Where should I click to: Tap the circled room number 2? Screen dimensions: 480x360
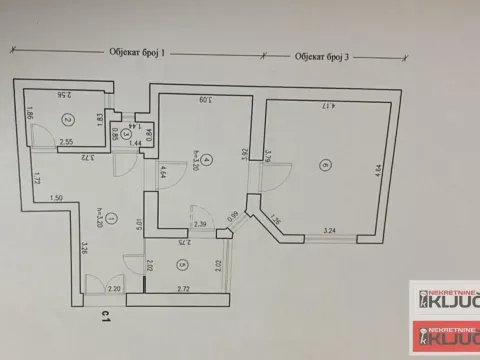pos(66,120)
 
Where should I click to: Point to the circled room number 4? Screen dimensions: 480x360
pos(204,159)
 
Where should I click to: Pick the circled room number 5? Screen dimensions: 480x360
pos(182,265)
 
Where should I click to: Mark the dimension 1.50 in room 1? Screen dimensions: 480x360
pos(59,199)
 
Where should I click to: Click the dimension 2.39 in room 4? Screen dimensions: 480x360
pos(201,225)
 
